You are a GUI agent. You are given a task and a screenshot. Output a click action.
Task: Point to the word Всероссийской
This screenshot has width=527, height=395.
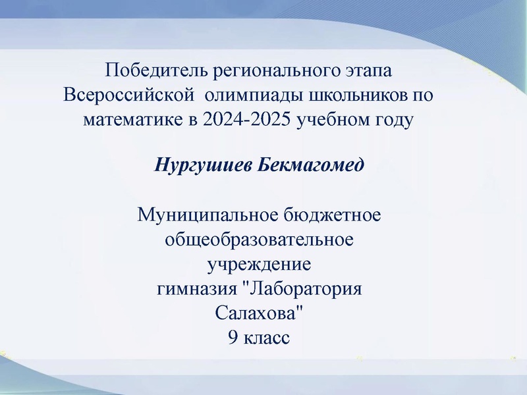[x=128, y=95]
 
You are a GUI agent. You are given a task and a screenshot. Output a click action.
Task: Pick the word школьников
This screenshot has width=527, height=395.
[x=350, y=95]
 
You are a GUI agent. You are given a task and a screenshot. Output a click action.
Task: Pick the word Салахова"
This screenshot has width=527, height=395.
[x=259, y=313]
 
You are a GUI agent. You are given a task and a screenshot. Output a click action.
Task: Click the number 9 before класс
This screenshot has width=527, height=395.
[x=233, y=338]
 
